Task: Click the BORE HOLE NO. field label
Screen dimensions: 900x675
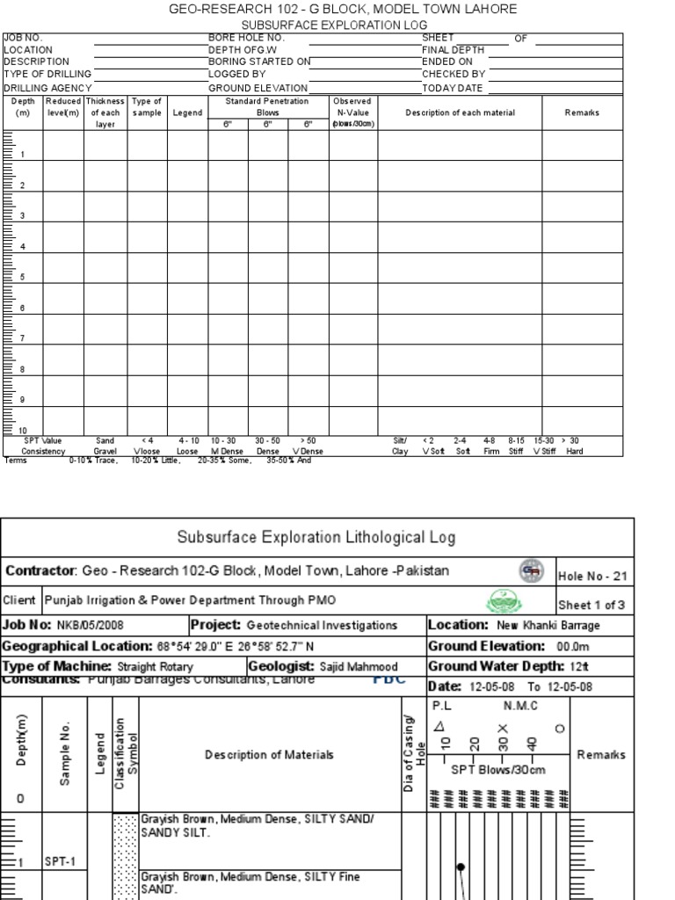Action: pos(245,38)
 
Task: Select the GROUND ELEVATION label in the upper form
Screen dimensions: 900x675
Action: pos(258,88)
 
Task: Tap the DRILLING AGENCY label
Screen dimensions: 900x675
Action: pos(47,88)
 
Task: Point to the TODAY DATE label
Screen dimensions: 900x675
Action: pos(452,88)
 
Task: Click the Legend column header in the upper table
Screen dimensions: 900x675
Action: pos(187,113)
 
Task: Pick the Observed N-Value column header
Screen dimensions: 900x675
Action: pos(353,112)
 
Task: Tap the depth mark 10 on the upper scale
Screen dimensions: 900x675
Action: pos(22,431)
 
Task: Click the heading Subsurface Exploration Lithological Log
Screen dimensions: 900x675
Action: pos(316,536)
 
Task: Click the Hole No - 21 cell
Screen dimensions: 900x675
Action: pos(593,577)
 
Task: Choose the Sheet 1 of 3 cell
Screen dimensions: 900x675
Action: pos(592,605)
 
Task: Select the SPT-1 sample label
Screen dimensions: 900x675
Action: pos(60,862)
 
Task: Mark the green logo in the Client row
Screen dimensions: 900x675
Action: pos(502,601)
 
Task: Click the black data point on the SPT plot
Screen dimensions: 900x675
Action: pos(460,867)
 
